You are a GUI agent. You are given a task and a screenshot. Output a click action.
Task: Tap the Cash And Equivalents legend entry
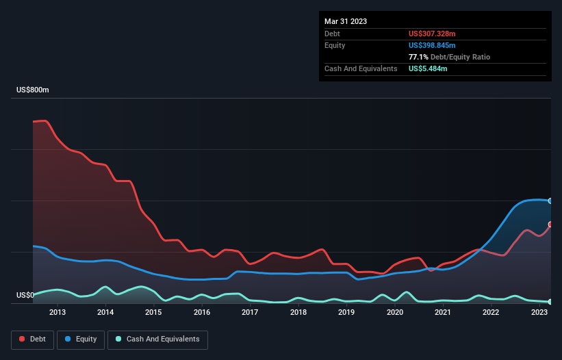157,339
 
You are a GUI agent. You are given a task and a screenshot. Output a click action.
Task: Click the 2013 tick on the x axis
58,313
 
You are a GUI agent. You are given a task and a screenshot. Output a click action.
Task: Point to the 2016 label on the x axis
202,313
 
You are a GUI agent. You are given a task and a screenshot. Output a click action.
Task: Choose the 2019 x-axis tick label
346,313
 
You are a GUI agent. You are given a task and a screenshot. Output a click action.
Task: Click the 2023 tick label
539,313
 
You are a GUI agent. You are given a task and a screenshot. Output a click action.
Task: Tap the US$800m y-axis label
33,90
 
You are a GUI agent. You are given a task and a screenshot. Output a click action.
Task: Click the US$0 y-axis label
25,296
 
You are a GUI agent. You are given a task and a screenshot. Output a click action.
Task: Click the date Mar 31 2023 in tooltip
346,21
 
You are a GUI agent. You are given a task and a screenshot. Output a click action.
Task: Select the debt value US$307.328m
431,34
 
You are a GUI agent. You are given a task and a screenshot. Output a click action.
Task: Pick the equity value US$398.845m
431,45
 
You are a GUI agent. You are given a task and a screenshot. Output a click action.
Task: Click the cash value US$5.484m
428,68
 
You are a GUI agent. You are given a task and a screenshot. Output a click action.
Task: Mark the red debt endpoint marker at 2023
550,224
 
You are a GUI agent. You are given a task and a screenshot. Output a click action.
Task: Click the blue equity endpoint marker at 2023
550,201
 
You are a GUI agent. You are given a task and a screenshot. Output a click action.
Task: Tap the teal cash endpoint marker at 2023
550,302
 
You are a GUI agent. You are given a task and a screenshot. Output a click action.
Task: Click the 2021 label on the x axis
443,313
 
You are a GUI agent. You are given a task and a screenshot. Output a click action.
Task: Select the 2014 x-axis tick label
105,313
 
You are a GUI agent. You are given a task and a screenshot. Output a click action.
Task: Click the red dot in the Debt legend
22,339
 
